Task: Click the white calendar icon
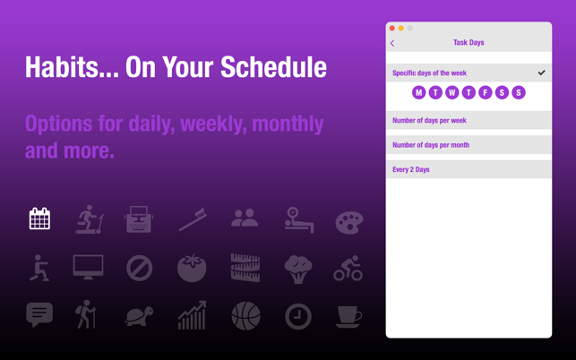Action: click(39, 219)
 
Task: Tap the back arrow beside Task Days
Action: click(392, 43)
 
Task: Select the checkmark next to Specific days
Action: click(541, 73)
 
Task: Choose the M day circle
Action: click(418, 92)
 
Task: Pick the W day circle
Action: click(452, 92)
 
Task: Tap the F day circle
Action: click(486, 92)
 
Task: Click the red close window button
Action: click(392, 29)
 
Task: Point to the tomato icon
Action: click(192, 268)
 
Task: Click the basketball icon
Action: click(246, 315)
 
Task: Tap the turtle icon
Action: click(139, 315)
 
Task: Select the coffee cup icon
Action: click(348, 316)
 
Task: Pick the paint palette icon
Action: click(349, 222)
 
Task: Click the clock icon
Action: click(298, 316)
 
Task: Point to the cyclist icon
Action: click(348, 268)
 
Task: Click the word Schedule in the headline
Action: click(274, 67)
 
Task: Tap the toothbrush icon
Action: click(193, 219)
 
